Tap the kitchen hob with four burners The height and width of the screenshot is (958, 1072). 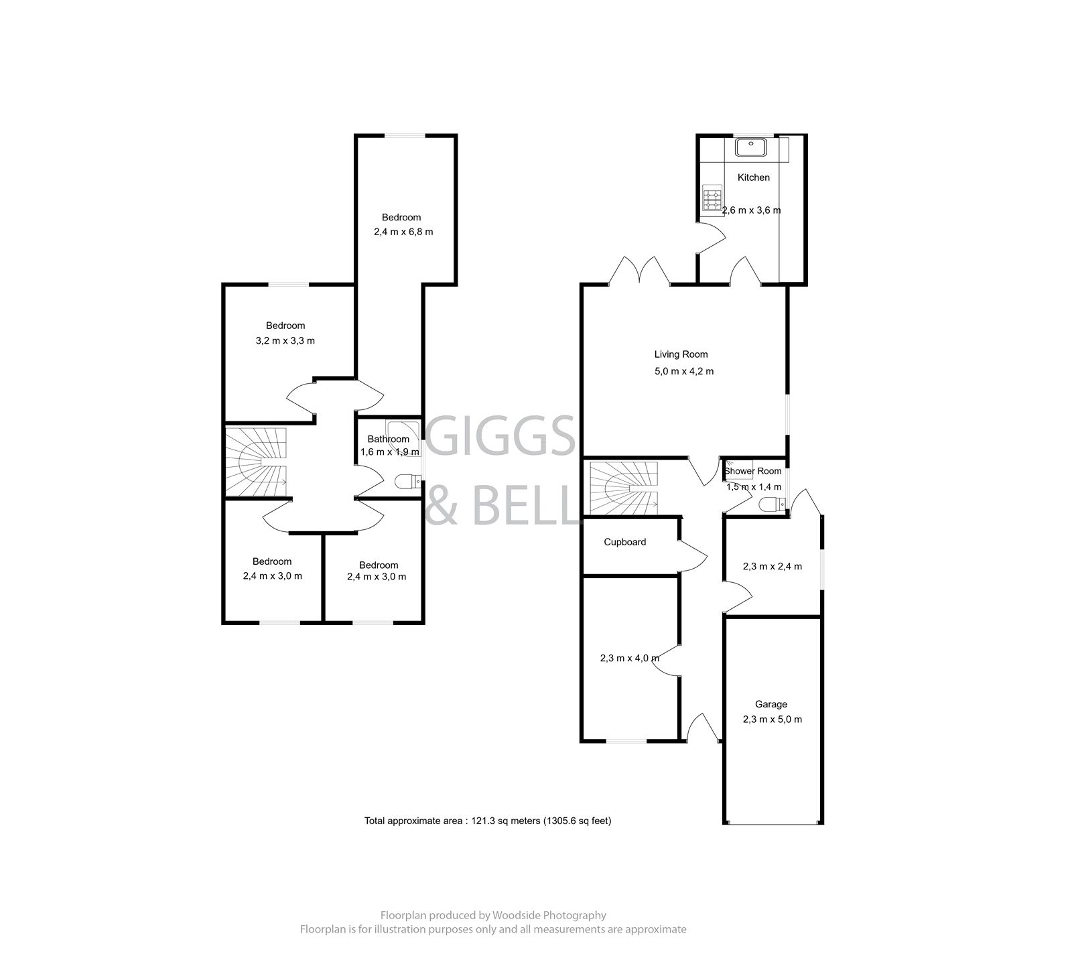click(x=711, y=199)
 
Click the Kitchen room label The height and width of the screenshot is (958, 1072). click(x=753, y=178)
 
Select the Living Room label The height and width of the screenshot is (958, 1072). click(x=681, y=354)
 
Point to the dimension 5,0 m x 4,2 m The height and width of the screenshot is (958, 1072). click(x=683, y=371)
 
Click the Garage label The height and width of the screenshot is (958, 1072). click(x=770, y=704)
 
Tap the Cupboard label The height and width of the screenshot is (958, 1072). click(x=624, y=542)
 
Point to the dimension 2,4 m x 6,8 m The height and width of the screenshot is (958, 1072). click(x=403, y=232)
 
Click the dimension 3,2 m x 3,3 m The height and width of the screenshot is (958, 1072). click(x=285, y=340)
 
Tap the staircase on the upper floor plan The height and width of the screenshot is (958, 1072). click(x=256, y=463)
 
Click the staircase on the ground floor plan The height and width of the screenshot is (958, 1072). click(x=623, y=488)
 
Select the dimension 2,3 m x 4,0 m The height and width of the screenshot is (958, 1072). click(x=629, y=658)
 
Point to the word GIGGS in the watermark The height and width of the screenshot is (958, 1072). click(x=500, y=436)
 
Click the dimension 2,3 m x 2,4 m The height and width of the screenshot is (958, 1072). click(x=772, y=566)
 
